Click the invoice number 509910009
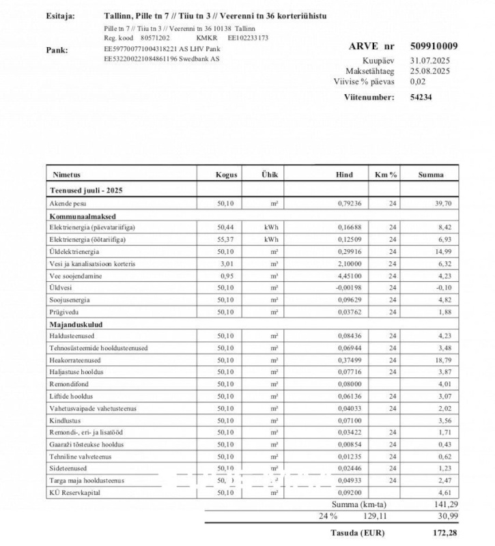click(x=434, y=46)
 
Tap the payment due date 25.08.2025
click(x=429, y=70)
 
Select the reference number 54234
click(x=421, y=97)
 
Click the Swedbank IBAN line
click(x=162, y=59)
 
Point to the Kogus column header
click(x=226, y=175)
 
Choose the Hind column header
click(x=344, y=175)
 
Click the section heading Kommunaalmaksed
click(x=76, y=215)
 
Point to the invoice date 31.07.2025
click(x=429, y=60)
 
